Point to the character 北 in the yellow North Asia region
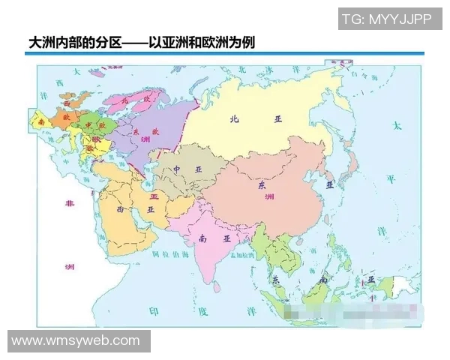(234, 118)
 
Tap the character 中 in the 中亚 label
(178, 169)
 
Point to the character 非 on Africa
(70, 204)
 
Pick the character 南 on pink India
(202, 239)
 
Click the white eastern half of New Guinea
(405, 286)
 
